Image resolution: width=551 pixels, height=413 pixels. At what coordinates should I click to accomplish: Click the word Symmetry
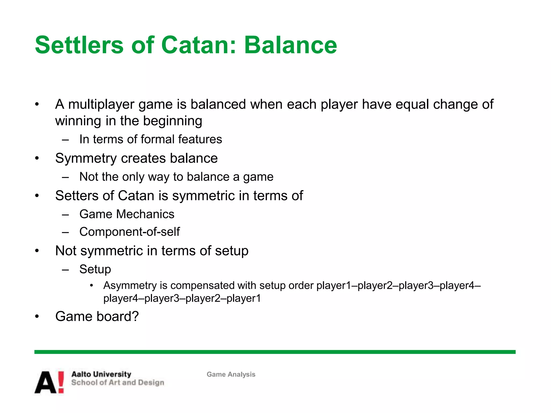click(86, 158)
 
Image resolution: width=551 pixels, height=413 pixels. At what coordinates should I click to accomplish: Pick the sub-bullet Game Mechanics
click(127, 214)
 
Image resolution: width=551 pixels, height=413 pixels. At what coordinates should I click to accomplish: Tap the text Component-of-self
click(129, 232)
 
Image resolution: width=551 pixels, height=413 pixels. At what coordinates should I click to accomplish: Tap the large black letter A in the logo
click(46, 383)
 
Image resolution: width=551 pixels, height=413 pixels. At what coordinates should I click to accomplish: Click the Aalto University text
click(101, 374)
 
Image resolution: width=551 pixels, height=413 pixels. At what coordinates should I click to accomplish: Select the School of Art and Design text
click(118, 383)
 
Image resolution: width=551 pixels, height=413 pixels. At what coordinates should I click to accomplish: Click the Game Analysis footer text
click(231, 374)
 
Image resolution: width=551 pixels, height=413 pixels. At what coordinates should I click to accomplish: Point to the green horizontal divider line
click(274, 352)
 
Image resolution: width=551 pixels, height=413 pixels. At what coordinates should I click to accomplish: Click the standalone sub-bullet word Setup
click(95, 269)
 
